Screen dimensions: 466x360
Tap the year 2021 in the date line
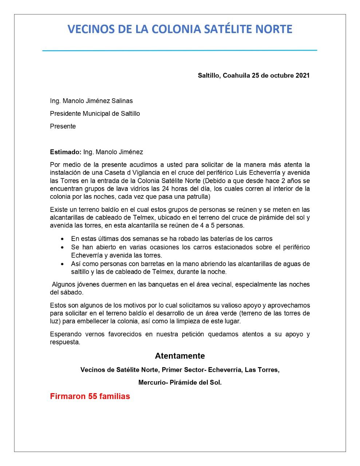[x=302, y=76]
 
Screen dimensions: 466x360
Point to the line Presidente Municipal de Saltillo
[x=95, y=114]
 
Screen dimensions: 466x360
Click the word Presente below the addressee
[x=63, y=126]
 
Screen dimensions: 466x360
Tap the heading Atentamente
[x=180, y=356]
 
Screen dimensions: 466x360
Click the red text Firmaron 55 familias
[x=90, y=396]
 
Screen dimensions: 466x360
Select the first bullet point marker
[x=63, y=239]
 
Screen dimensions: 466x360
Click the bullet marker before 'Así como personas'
[x=63, y=264]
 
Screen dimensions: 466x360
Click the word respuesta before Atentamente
[x=64, y=343]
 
